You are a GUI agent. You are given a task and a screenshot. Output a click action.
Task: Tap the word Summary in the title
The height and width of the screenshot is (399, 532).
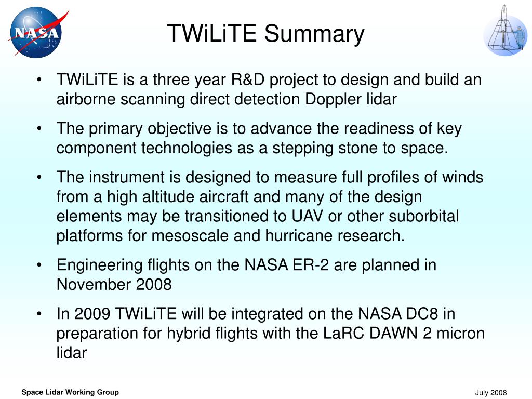tap(314, 34)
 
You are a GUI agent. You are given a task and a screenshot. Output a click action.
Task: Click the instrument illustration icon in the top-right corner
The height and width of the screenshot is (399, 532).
tap(505, 31)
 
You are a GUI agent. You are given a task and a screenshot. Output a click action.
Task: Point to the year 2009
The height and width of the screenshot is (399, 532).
tap(92, 313)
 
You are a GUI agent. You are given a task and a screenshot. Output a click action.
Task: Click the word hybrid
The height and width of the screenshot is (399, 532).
tap(189, 334)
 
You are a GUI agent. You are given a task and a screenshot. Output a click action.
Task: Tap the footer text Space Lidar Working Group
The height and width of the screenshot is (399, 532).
tap(70, 392)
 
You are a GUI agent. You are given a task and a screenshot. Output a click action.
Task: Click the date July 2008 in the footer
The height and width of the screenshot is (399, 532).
tap(490, 393)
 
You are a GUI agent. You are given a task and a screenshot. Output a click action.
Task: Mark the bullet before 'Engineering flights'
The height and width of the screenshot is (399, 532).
tap(39, 264)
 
